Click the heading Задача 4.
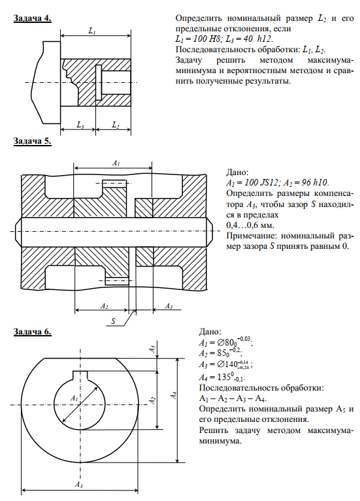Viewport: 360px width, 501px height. point(32,18)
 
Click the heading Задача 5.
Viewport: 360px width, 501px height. point(32,141)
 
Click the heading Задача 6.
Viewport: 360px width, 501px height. point(32,332)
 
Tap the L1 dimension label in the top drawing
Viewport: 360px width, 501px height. point(92,31)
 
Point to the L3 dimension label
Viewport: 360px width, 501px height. point(80,125)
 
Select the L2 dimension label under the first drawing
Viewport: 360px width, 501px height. point(116,125)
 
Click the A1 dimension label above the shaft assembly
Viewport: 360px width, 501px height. point(116,163)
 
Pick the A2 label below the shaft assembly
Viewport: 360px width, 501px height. point(105,306)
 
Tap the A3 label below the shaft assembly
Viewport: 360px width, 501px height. point(169,306)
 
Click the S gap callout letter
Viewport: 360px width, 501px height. point(113,321)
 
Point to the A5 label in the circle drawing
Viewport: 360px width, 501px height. point(153,349)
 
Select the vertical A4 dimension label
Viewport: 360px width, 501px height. point(174,395)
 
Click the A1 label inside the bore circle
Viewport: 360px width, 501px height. point(74,398)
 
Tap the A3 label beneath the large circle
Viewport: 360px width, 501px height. point(78,485)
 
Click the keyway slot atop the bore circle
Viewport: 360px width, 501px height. point(80,375)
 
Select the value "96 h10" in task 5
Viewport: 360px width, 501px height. point(314,183)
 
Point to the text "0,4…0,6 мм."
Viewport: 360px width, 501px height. point(250,225)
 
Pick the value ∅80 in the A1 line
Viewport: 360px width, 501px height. point(226,343)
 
